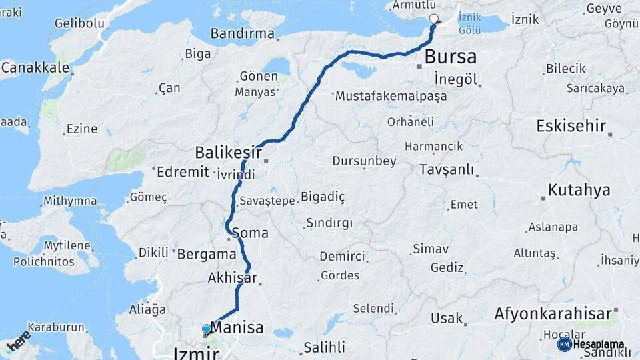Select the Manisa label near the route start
(237, 328)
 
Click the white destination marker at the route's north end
(434, 19)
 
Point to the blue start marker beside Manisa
(206, 329)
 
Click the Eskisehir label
(571, 125)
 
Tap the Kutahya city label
(579, 190)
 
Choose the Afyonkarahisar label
(553, 314)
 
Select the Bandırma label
(242, 33)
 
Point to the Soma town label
(251, 233)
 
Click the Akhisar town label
(232, 277)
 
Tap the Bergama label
(207, 254)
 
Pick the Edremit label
(183, 172)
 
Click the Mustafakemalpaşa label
(391, 96)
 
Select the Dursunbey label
(364, 161)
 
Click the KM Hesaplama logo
(591, 344)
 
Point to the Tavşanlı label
(447, 170)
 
